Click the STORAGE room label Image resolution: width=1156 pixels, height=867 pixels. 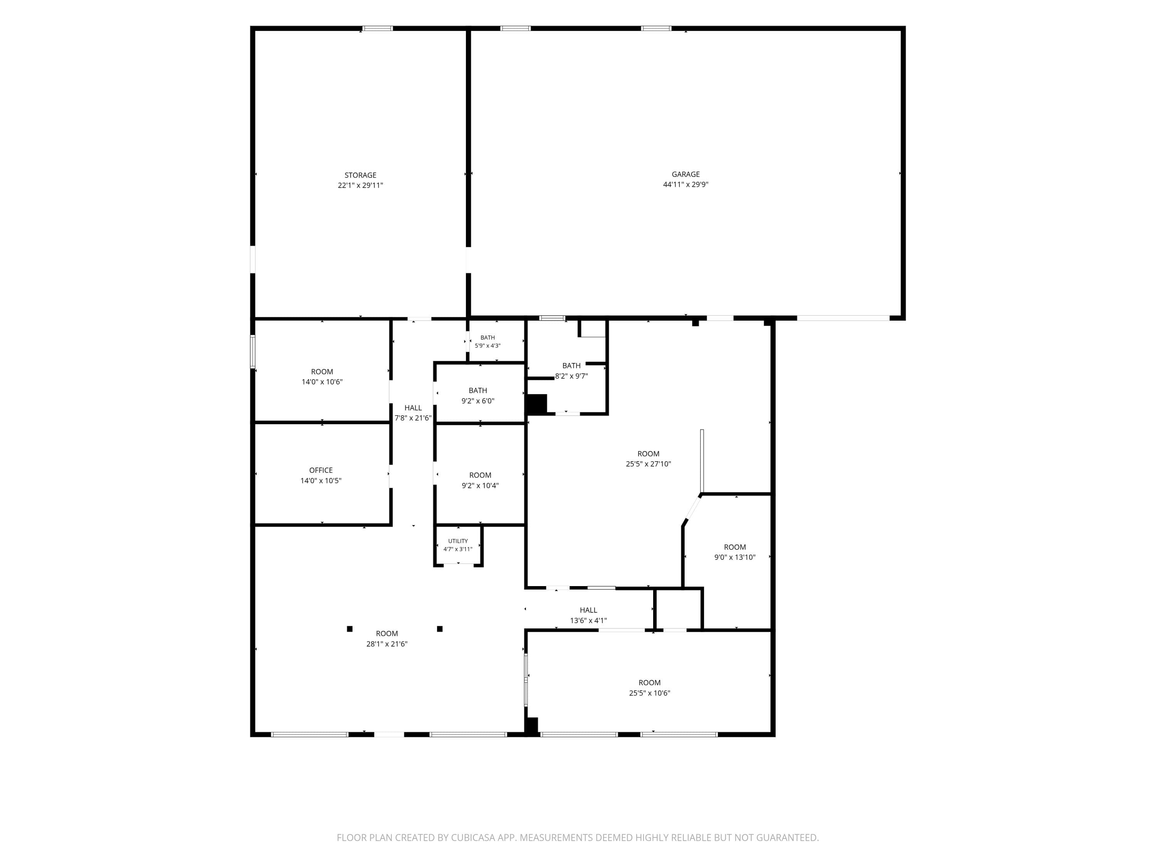pyautogui.click(x=360, y=175)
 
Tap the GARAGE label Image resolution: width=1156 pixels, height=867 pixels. pyautogui.click(x=686, y=174)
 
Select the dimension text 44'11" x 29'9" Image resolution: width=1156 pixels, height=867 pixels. pyautogui.click(x=686, y=185)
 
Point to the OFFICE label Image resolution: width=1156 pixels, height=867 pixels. pyautogui.click(x=321, y=470)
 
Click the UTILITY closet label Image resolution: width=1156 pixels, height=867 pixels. pyautogui.click(x=458, y=541)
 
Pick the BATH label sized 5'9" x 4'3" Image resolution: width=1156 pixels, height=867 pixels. pyautogui.click(x=487, y=338)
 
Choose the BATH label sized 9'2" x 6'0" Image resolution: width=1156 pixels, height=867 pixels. pyautogui.click(x=478, y=390)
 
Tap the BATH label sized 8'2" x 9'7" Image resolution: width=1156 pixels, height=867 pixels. pyautogui.click(x=571, y=366)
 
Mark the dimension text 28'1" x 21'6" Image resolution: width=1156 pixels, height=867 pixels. pyautogui.click(x=387, y=644)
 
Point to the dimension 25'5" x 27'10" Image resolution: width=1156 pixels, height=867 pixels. pyautogui.click(x=649, y=464)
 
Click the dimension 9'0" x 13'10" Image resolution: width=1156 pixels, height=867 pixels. pyautogui.click(x=735, y=557)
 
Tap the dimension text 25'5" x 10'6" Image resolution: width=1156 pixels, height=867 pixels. pyautogui.click(x=650, y=693)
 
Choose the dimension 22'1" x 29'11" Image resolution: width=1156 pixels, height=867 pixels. pyautogui.click(x=360, y=185)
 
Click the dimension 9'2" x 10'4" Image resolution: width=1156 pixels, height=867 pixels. pyautogui.click(x=480, y=486)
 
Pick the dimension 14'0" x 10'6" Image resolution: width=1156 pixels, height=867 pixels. pyautogui.click(x=322, y=382)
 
